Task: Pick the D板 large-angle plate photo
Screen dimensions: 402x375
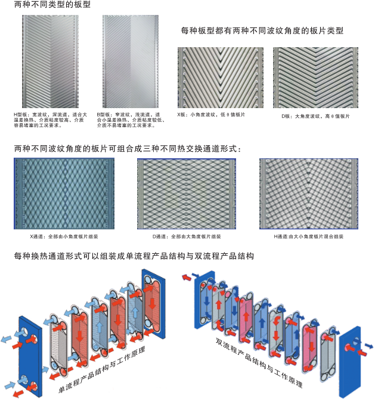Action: (315, 77)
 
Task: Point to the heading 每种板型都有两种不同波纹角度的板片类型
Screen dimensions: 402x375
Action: (262, 30)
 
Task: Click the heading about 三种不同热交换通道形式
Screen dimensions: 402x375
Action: (128, 148)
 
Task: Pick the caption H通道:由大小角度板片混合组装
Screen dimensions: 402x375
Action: (308, 237)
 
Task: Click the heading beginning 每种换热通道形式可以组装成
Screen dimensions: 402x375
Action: (135, 256)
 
